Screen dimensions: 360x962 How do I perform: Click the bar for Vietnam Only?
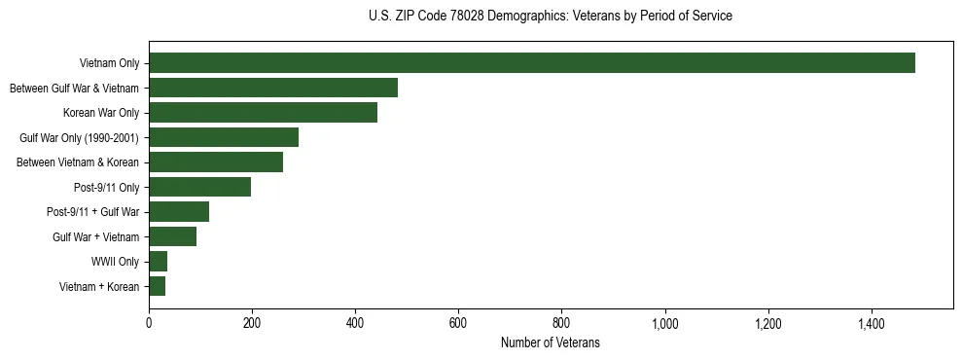point(532,63)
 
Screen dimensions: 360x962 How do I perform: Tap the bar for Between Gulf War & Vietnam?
point(273,88)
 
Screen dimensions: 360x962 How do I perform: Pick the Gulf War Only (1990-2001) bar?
point(224,137)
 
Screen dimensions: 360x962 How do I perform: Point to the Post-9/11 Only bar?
point(199,187)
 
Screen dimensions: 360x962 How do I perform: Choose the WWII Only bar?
point(158,261)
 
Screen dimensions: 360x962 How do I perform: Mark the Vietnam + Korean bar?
point(157,286)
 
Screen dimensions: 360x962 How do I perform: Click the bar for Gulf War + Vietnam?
point(172,236)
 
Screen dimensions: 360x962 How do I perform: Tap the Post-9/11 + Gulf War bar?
point(179,211)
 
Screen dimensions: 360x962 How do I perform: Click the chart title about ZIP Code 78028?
point(551,17)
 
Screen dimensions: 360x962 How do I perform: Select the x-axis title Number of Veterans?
point(551,343)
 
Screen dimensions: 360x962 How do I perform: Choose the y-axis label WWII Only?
point(115,262)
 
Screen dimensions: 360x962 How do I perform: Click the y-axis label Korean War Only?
point(101,113)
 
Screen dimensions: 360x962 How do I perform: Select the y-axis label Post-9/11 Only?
point(107,187)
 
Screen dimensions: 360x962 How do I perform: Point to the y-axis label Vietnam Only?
point(109,63)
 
